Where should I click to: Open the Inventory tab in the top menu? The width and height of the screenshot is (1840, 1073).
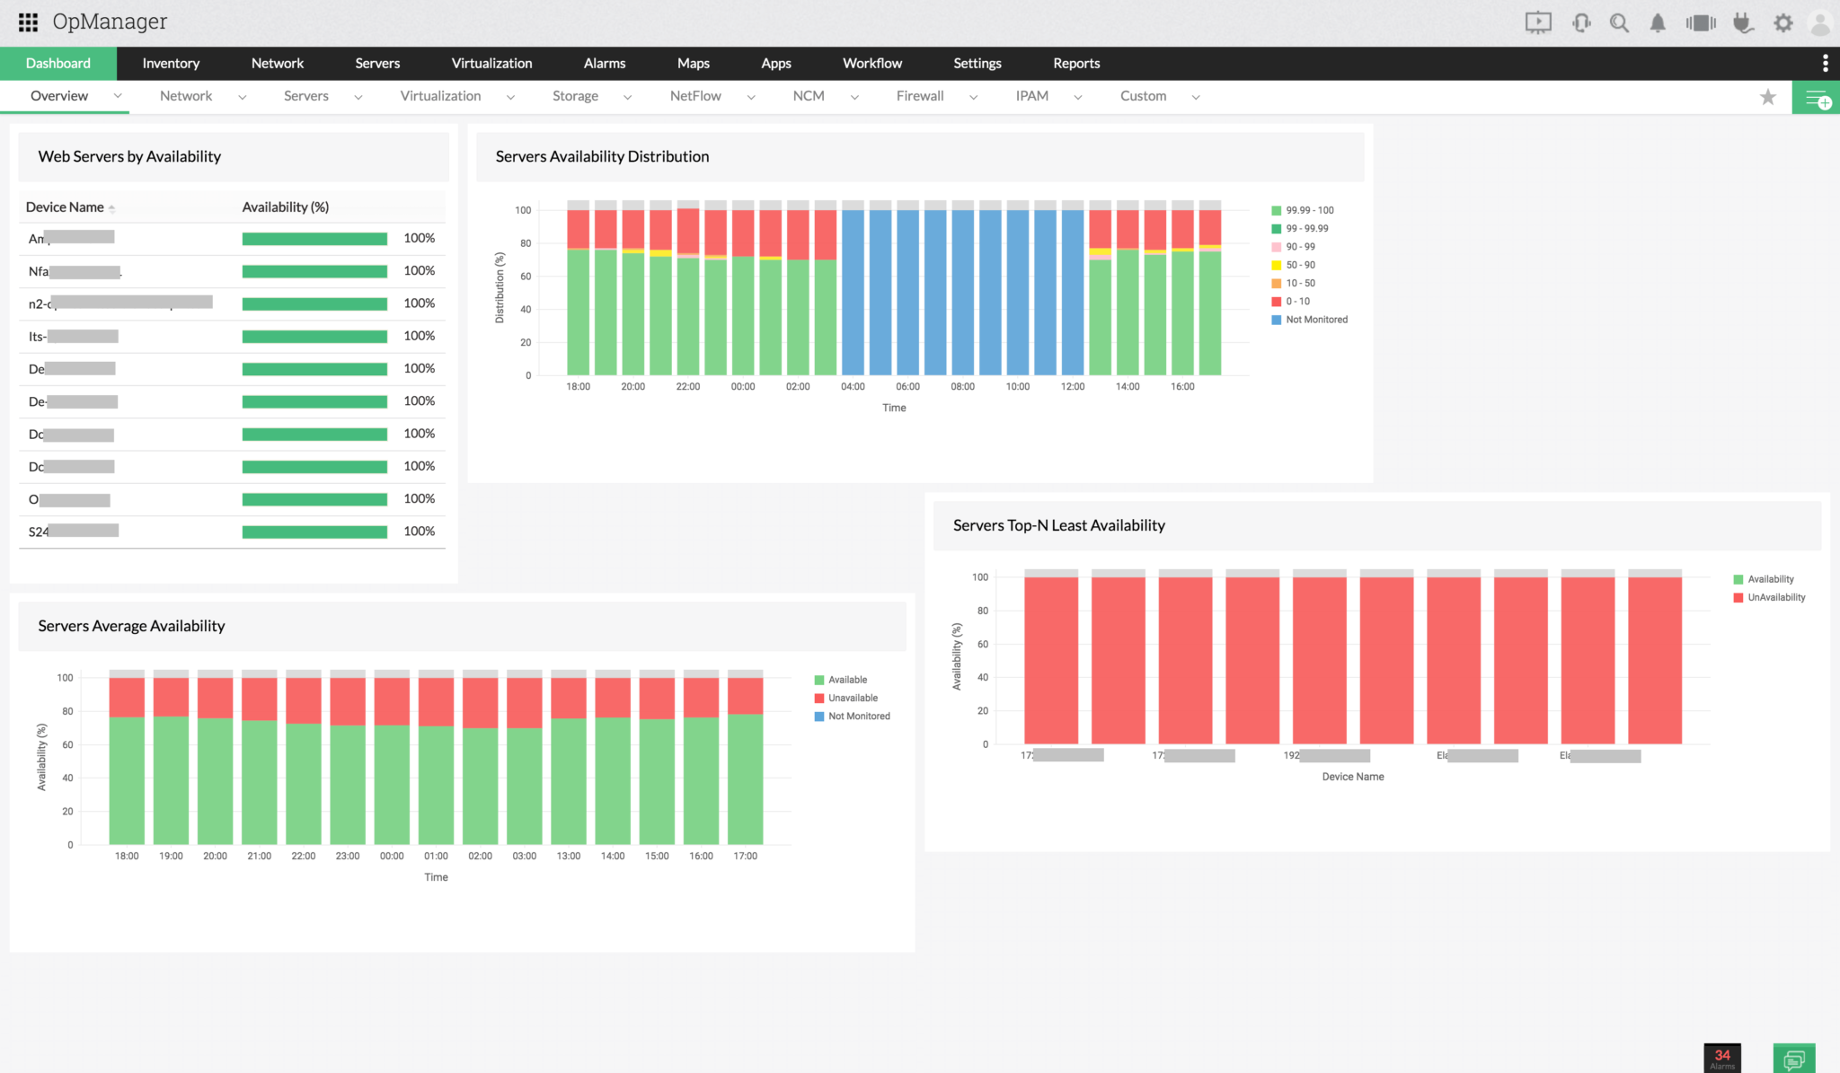(171, 63)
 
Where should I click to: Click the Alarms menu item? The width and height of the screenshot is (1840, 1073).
(604, 63)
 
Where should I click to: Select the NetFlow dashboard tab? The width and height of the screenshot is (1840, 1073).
(695, 96)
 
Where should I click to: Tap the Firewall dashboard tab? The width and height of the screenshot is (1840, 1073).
(920, 96)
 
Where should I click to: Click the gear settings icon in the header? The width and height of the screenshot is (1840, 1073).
(1783, 23)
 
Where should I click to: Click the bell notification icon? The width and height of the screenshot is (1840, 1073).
(1658, 23)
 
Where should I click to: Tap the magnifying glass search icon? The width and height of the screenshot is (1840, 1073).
(1619, 23)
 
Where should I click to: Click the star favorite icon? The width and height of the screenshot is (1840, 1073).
(1768, 97)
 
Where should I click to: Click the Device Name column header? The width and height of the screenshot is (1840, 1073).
(65, 207)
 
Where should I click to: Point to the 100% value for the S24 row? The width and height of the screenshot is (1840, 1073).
(419, 532)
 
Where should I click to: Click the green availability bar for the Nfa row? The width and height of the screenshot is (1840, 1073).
(314, 271)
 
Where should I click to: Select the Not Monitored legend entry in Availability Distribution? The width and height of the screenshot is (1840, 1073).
(1315, 320)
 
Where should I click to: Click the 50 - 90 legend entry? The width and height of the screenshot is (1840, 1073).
(1299, 265)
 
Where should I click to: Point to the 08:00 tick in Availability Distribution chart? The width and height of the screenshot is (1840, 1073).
(962, 387)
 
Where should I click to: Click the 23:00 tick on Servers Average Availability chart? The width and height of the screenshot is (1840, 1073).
(348, 857)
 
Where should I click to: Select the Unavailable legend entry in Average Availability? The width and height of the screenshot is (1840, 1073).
(852, 699)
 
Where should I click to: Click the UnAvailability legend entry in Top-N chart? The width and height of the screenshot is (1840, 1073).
(1775, 598)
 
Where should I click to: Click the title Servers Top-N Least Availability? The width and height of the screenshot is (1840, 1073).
(1058, 525)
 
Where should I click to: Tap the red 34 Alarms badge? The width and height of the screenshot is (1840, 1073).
(1721, 1058)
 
